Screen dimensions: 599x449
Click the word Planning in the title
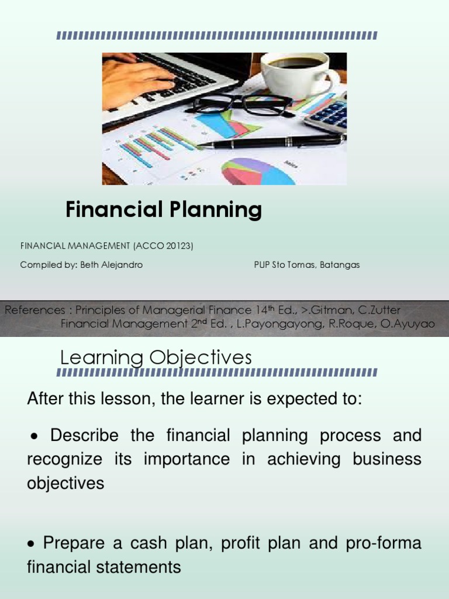214,209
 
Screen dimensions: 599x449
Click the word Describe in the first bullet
84,435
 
